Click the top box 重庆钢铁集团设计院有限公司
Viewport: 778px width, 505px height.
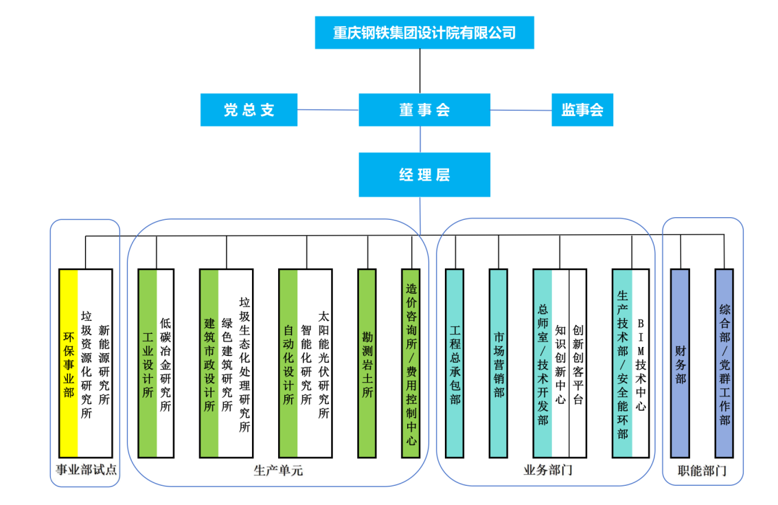424,32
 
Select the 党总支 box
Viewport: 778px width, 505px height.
249,110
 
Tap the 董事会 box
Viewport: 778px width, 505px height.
424,110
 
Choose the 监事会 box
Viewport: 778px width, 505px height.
582,110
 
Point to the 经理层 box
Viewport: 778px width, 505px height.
424,175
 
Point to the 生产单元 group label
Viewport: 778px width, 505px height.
278,471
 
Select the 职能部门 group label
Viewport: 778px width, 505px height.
702,471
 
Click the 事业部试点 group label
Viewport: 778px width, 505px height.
86,471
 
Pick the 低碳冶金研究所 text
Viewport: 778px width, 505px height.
165,364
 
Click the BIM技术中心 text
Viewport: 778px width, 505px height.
641,364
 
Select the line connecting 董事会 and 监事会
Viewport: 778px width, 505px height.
520,110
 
